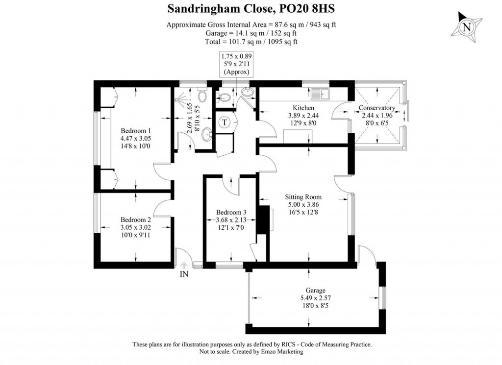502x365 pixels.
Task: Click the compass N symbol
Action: tap(467, 28)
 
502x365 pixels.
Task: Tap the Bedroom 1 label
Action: tap(136, 131)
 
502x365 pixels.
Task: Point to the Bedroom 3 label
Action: tap(231, 213)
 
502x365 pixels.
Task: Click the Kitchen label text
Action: tap(303, 108)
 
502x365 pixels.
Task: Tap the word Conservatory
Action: tap(376, 108)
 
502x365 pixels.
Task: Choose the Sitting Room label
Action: tap(303, 197)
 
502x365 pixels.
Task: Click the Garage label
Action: tap(313, 290)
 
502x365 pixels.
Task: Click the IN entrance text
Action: tap(184, 275)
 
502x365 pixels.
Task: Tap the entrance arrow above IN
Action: tap(184, 265)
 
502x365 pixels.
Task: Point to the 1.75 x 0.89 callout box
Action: tap(236, 64)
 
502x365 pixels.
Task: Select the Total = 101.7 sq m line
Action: tap(251, 42)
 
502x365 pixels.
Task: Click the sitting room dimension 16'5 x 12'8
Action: tap(303, 212)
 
